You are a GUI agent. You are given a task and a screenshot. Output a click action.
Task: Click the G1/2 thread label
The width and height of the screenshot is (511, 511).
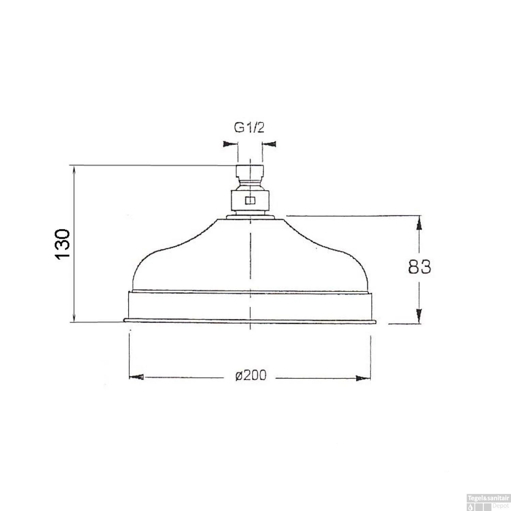click(249, 128)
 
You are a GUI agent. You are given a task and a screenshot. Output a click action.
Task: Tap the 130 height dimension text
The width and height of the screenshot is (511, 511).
click(63, 245)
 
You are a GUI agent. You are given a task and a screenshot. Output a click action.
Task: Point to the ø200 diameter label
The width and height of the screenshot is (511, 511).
click(251, 375)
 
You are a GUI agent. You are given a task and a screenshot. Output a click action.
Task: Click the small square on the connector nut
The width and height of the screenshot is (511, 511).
click(250, 200)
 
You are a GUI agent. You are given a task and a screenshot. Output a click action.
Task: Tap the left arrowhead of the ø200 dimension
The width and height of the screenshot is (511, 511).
click(136, 377)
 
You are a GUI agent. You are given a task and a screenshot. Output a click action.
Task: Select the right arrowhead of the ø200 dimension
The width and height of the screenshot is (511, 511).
click(363, 378)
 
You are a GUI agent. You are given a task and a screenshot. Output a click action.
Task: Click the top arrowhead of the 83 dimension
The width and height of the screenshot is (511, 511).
click(419, 223)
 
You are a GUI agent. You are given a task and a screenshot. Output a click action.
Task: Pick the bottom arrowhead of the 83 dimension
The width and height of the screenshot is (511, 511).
click(419, 316)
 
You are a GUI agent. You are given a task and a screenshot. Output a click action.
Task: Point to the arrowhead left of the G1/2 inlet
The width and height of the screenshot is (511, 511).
click(230, 144)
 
